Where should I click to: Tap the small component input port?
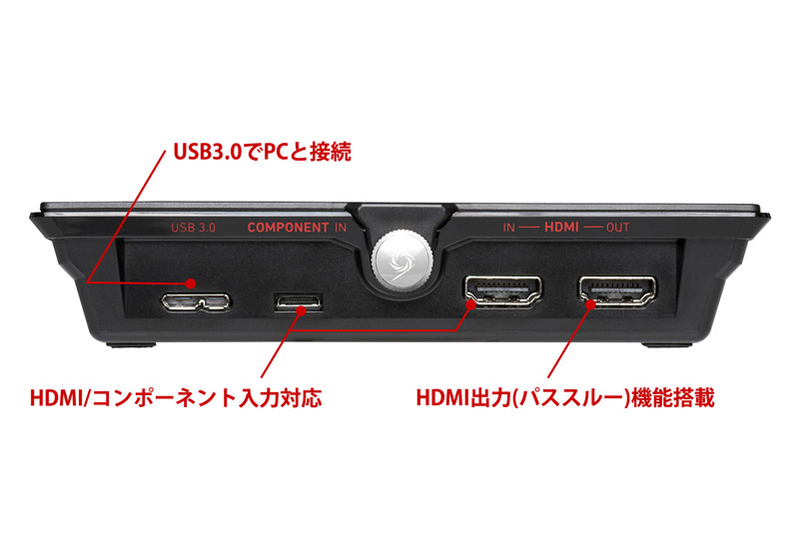coord(299,299)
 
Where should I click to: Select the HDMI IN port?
coord(501,291)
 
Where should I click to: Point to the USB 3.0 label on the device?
coord(193,228)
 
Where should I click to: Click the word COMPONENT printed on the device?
coord(288,228)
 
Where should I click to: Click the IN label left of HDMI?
coord(508,228)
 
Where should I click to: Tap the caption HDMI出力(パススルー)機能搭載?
coord(564,399)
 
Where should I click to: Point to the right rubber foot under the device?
coord(666,345)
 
